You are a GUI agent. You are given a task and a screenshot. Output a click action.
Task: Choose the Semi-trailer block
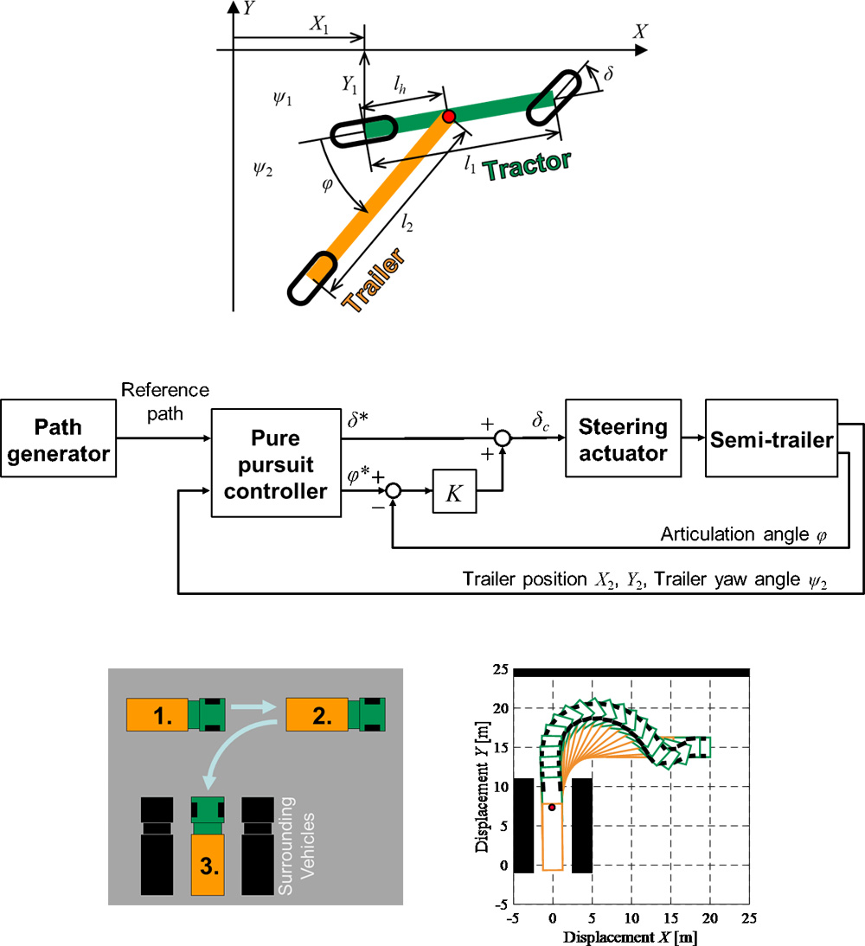[770, 439]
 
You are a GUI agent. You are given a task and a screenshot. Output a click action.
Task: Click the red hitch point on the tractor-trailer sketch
[448, 117]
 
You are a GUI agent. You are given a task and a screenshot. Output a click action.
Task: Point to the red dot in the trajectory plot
[552, 808]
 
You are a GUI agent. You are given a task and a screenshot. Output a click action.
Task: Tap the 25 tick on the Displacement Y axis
[498, 670]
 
